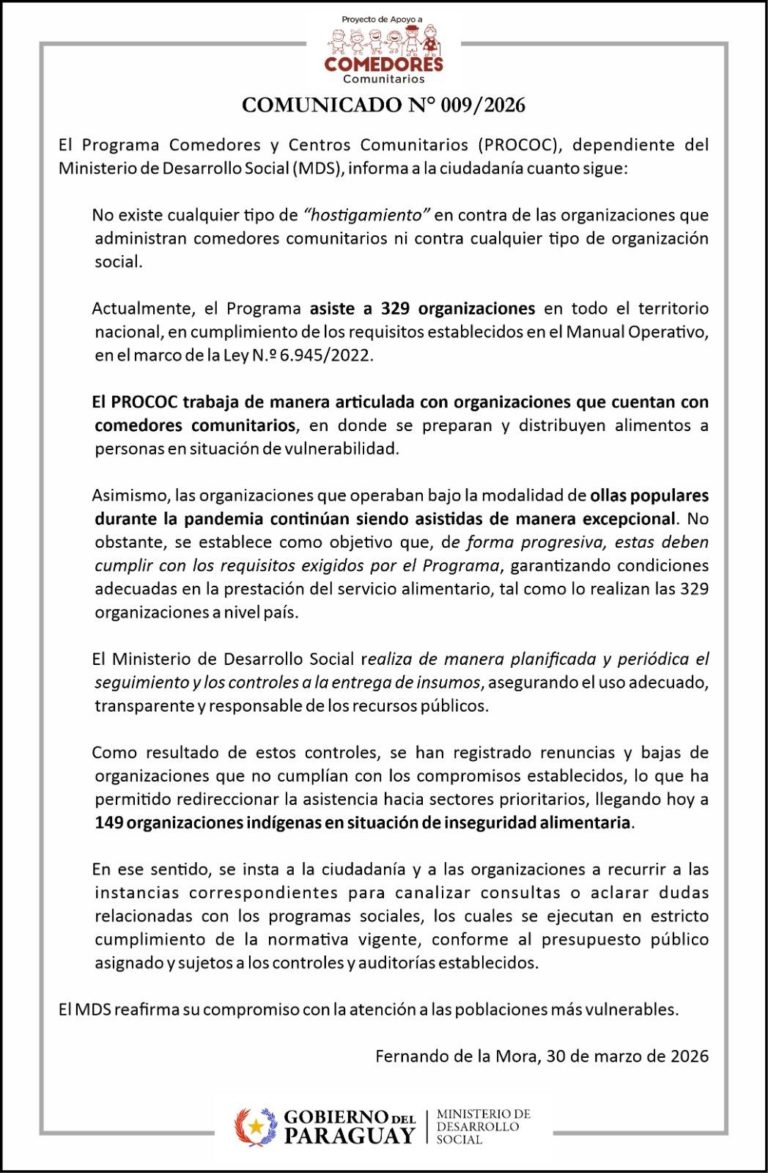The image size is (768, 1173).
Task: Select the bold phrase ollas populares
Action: (649, 496)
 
